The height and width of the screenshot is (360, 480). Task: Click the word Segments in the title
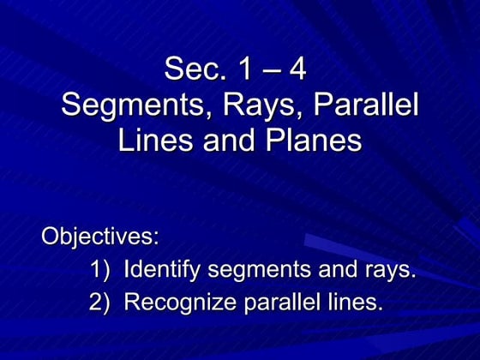(x=131, y=106)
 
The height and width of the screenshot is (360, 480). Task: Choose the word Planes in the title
(x=309, y=141)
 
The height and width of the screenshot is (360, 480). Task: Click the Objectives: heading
(x=101, y=236)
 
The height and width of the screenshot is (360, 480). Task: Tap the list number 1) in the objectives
(x=101, y=271)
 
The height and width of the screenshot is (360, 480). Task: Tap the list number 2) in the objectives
(x=101, y=303)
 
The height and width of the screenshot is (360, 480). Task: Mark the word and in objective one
(x=339, y=271)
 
